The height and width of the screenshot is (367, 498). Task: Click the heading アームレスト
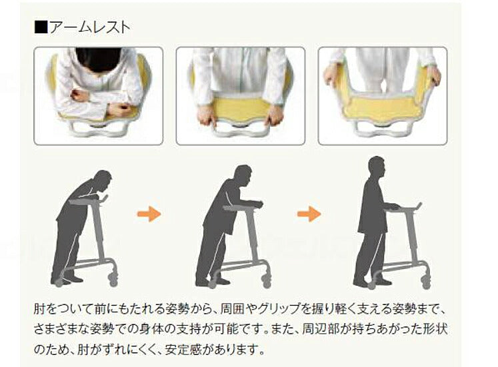(90, 27)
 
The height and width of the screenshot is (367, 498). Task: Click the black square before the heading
(41, 28)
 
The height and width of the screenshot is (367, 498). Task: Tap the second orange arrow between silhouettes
(308, 214)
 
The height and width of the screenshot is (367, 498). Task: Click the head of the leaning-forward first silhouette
(102, 181)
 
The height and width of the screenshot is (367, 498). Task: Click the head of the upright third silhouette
(377, 167)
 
